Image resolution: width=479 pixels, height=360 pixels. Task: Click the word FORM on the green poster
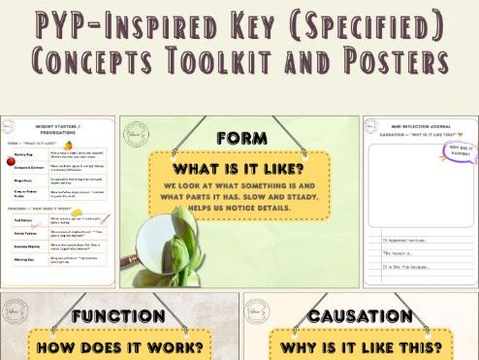click(x=237, y=137)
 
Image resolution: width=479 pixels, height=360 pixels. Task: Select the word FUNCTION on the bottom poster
click(x=119, y=315)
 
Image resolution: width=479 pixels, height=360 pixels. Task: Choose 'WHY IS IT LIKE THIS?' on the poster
click(x=362, y=345)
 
